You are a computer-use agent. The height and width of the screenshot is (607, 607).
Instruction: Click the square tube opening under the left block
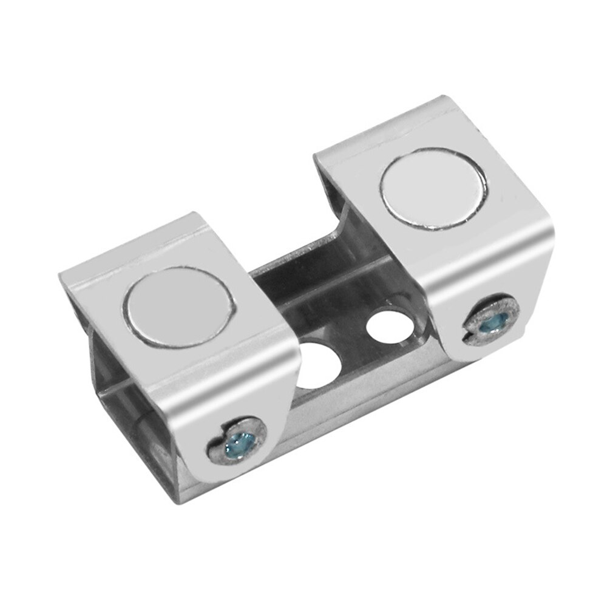(x=121, y=388)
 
